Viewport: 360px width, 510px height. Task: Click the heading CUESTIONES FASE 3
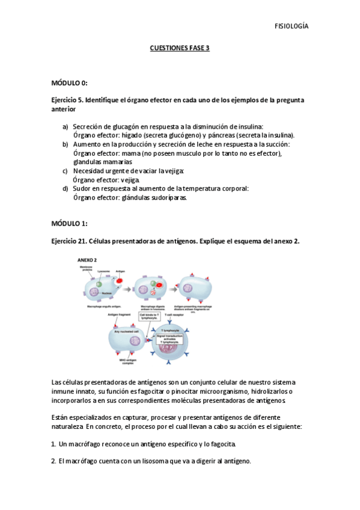179,51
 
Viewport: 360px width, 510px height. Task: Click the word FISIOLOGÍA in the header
291,26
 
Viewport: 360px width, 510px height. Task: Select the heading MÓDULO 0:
70,83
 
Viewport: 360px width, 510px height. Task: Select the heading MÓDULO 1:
70,224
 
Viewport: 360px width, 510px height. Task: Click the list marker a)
66,126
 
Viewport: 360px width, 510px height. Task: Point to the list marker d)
66,188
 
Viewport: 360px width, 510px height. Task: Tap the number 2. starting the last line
54,461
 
